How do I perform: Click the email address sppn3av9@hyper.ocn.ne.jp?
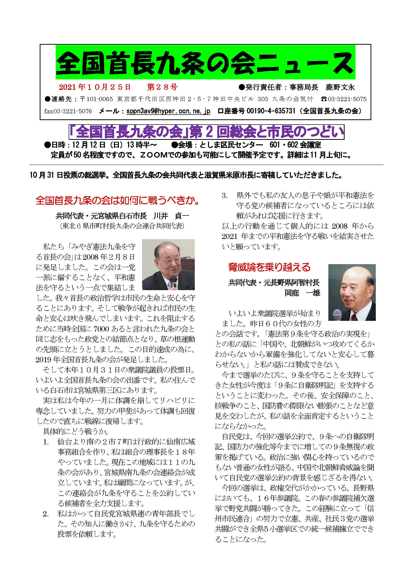pyautogui.click(x=168, y=111)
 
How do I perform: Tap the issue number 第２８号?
pyautogui.click(x=162, y=87)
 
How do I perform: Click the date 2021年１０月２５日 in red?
pyautogui.click(x=95, y=87)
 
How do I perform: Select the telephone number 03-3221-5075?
pyautogui.click(x=347, y=99)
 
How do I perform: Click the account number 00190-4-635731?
pyautogui.click(x=271, y=111)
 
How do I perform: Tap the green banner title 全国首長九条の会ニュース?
pyautogui.click(x=205, y=63)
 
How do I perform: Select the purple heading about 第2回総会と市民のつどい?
pyautogui.click(x=206, y=132)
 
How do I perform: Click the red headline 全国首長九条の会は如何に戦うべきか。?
pyautogui.click(x=118, y=200)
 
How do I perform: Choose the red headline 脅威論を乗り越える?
pyautogui.click(x=269, y=267)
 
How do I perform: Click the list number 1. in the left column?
pyautogui.click(x=46, y=442)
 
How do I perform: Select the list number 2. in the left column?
pyautogui.click(x=46, y=514)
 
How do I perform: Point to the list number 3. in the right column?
pyautogui.click(x=224, y=195)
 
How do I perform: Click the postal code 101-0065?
pyautogui.click(x=99, y=99)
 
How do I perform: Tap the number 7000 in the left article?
pyautogui.click(x=101, y=329)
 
